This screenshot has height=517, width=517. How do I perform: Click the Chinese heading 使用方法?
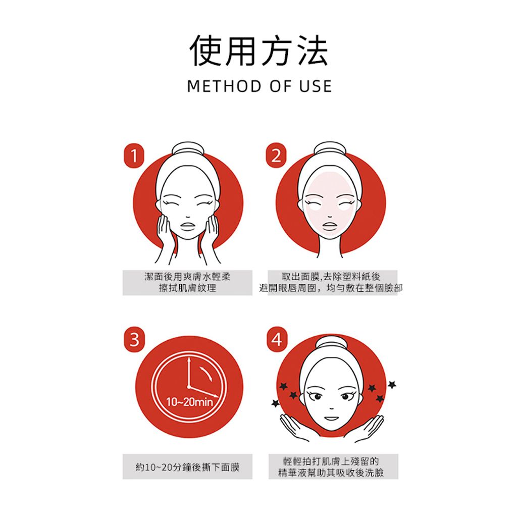coord(259,50)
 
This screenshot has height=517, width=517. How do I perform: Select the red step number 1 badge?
coord(134,156)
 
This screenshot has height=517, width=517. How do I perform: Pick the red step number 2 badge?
coord(276,156)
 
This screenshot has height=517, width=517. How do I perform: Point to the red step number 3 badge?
coord(134,339)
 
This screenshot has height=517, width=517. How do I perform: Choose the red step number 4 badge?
coord(277,339)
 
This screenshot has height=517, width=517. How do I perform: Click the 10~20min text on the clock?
coord(189,402)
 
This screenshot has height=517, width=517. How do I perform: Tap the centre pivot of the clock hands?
coord(189,386)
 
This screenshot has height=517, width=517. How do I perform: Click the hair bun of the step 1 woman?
coord(188,149)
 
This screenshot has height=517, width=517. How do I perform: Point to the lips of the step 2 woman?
coord(329,226)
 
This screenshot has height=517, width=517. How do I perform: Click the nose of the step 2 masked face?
coord(330,216)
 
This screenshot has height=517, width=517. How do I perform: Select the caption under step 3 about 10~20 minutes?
coord(187,467)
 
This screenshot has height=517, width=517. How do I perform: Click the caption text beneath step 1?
coord(187,282)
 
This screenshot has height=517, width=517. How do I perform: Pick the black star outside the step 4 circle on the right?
coord(392,384)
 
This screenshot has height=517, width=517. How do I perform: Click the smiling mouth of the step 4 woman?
coord(331,419)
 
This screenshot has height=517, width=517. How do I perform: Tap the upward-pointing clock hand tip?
coord(189,358)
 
